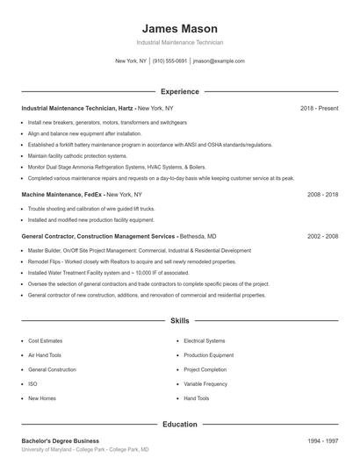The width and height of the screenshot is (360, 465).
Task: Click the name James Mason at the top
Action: (180, 28)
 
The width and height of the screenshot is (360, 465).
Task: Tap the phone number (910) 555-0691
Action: (169, 61)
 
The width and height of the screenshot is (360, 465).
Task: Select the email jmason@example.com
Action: (219, 61)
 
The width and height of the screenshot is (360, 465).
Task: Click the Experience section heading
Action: (180, 91)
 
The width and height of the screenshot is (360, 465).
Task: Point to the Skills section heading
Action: (180, 322)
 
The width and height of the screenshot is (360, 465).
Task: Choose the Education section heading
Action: (180, 424)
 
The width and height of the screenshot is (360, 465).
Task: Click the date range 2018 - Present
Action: (319, 108)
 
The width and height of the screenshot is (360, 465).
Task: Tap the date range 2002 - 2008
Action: (322, 237)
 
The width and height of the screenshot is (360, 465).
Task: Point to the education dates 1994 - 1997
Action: (322, 440)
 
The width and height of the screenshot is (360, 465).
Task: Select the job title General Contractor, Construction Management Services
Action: (98, 237)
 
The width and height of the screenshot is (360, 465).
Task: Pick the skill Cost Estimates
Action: (46, 340)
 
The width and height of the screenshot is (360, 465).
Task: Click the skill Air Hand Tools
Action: (45, 355)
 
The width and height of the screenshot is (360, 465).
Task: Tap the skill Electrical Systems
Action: (205, 340)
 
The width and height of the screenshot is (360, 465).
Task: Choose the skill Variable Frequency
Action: (205, 383)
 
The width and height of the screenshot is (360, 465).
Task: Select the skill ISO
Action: (32, 383)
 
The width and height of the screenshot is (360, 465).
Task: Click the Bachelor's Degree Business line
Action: (60, 440)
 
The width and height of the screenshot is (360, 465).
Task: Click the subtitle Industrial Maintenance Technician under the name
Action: (180, 42)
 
